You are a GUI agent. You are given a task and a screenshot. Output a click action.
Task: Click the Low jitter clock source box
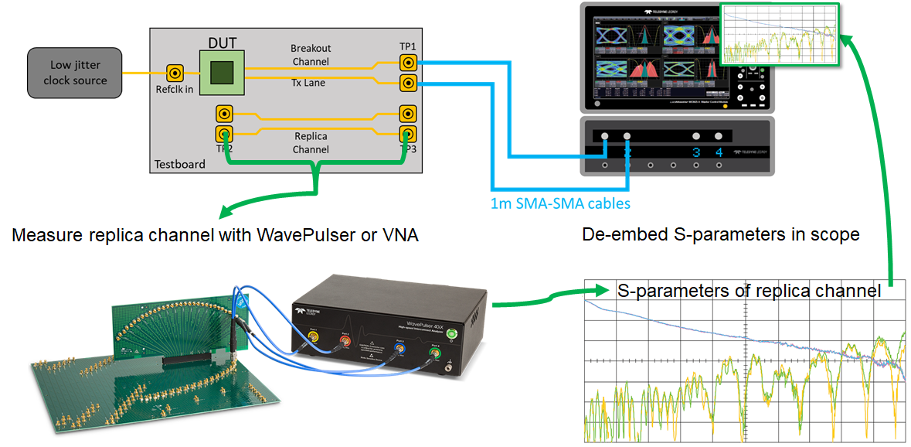pyautogui.click(x=75, y=73)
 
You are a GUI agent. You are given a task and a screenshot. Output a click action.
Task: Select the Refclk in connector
pyautogui.click(x=176, y=73)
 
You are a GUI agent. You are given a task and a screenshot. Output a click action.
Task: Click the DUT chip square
pyautogui.click(x=223, y=73)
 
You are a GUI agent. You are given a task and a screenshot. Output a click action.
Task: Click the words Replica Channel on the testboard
pyautogui.click(x=311, y=142)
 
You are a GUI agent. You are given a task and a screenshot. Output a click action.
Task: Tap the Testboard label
pyautogui.click(x=180, y=164)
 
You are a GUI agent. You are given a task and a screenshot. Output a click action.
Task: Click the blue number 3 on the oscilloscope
pyautogui.click(x=696, y=152)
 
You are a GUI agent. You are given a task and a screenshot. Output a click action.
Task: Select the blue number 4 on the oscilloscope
pyautogui.click(x=719, y=152)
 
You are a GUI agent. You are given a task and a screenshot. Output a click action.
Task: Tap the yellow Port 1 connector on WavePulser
pyautogui.click(x=313, y=338)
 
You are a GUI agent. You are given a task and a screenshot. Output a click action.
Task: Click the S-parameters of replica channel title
pyautogui.click(x=749, y=291)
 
